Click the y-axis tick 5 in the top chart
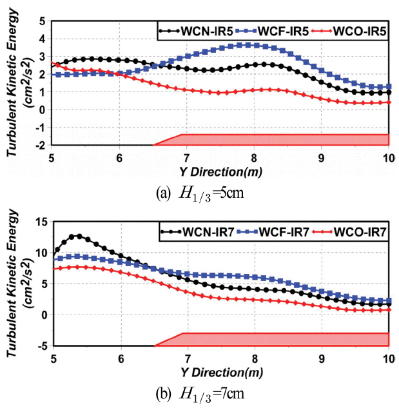[43, 21]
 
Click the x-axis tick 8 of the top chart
[255, 159]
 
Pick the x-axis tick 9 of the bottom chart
[322, 358]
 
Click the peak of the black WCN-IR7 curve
[79, 236]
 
